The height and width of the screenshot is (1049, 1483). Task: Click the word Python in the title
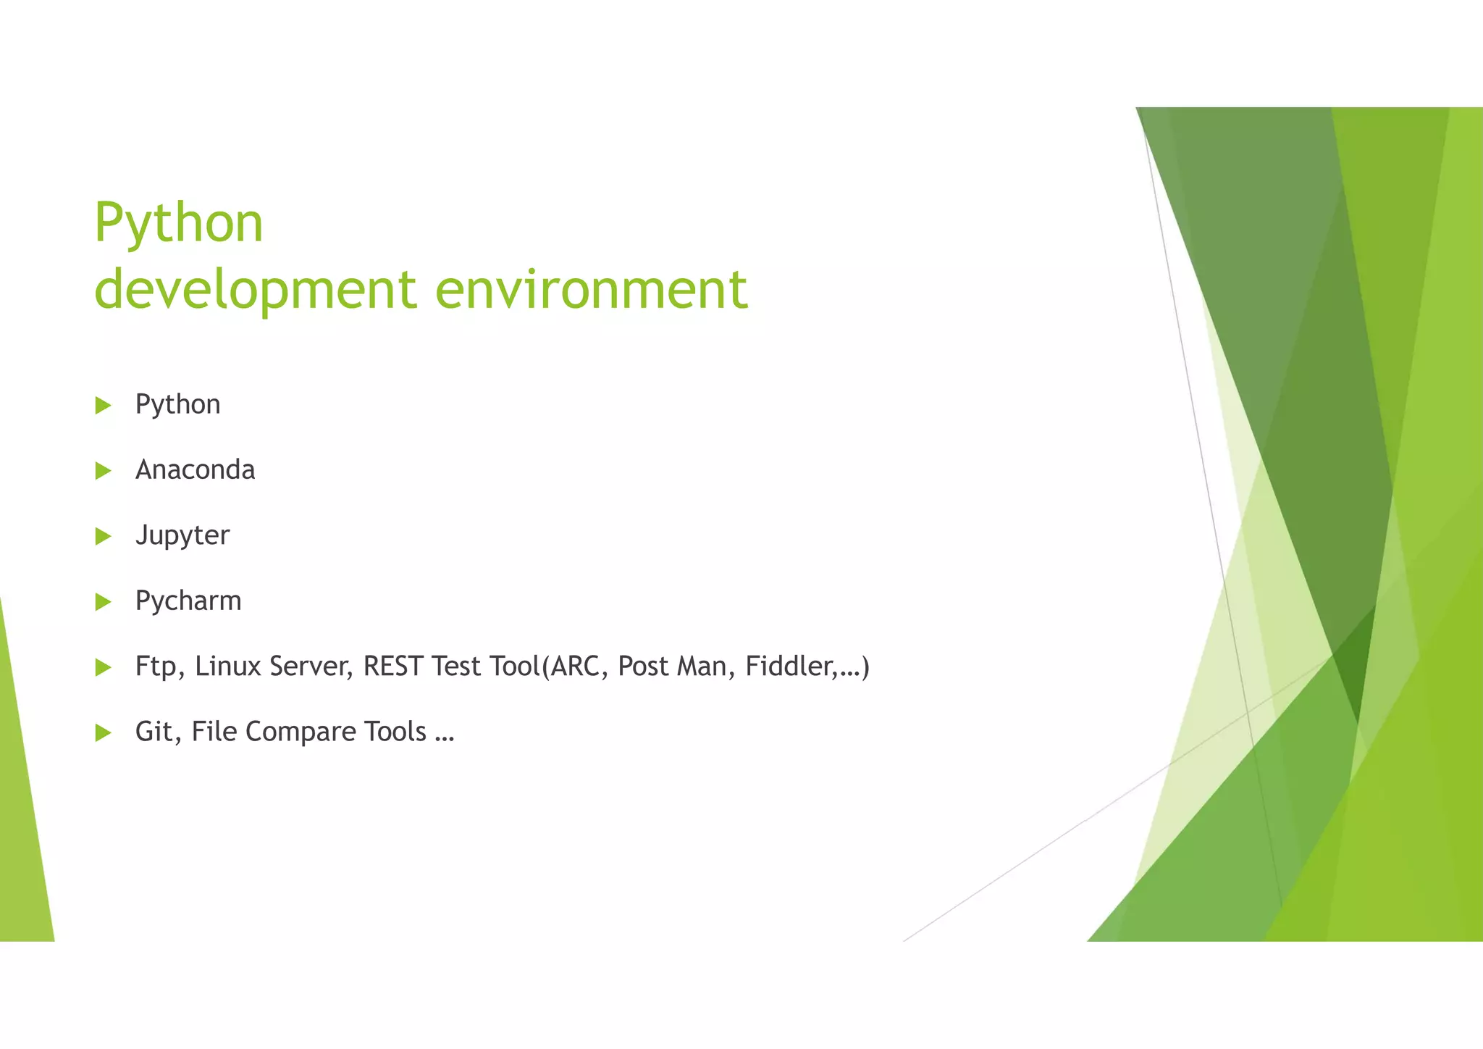tap(178, 223)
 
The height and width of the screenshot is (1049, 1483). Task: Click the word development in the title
tap(256, 290)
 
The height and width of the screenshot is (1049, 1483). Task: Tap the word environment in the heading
tap(591, 290)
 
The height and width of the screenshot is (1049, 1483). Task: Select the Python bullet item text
tap(177, 405)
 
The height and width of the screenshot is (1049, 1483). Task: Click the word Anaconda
tap(195, 470)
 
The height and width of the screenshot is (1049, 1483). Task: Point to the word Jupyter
tap(182, 536)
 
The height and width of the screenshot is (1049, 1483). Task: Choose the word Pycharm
tap(188, 601)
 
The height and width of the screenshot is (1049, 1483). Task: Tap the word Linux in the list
tap(227, 666)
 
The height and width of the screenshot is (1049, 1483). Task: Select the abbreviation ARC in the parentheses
tap(575, 666)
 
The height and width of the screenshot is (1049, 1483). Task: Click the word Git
tap(154, 732)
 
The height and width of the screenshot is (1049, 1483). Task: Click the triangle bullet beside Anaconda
tap(103, 471)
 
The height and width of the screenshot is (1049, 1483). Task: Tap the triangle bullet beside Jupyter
tap(103, 537)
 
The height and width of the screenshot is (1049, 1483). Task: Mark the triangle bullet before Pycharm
tap(103, 602)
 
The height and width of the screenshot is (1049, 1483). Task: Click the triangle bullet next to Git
tap(103, 733)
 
